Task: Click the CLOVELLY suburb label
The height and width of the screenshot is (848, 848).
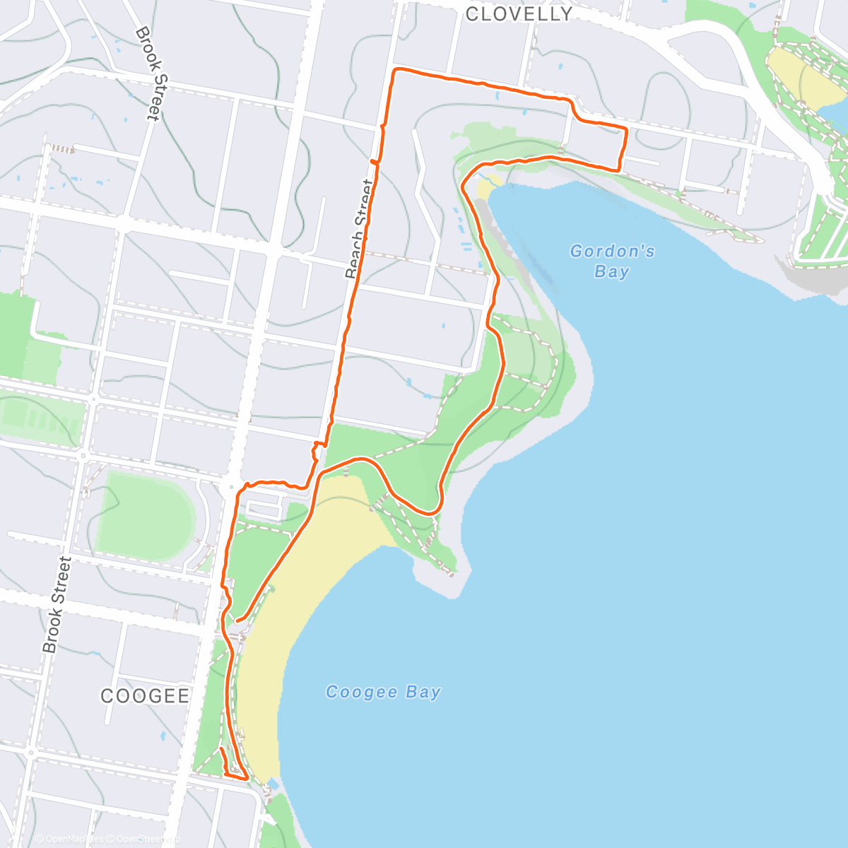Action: click(x=519, y=14)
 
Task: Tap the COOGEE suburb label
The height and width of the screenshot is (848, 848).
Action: click(x=145, y=696)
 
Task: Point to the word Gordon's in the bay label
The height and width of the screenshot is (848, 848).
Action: click(x=612, y=251)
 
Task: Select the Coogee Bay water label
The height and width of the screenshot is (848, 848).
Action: click(x=383, y=693)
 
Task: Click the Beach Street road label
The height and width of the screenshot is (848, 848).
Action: click(x=359, y=229)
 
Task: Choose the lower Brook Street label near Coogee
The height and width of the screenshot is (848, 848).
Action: click(x=57, y=604)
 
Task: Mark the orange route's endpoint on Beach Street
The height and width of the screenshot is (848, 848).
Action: click(x=373, y=162)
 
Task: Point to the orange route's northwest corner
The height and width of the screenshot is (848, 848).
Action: click(x=395, y=70)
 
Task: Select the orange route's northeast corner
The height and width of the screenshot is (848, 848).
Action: click(x=626, y=129)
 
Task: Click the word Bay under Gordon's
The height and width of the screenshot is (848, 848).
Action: click(x=611, y=272)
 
